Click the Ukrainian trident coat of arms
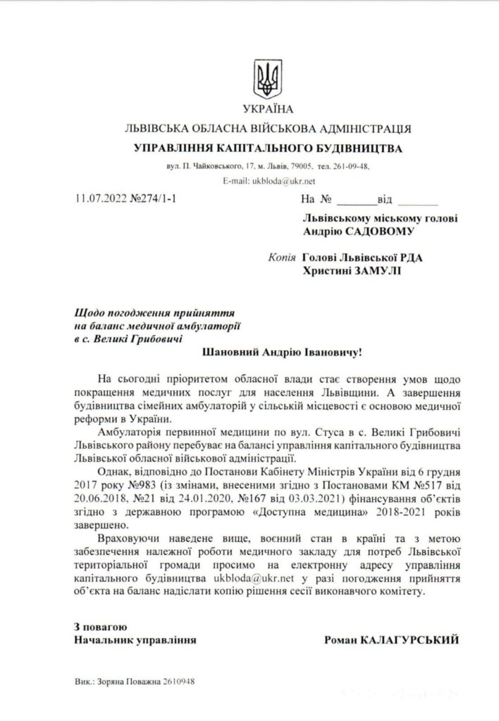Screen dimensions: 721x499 tap(267, 78)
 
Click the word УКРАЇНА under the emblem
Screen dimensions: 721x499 tap(266, 111)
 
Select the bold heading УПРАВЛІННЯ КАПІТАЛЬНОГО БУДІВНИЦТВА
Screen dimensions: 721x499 tap(267, 149)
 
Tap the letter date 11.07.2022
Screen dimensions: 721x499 tap(101, 199)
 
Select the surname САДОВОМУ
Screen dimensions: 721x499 tap(382, 230)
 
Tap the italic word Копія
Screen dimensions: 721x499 tap(282, 257)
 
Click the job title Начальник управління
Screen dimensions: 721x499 tap(135, 639)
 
